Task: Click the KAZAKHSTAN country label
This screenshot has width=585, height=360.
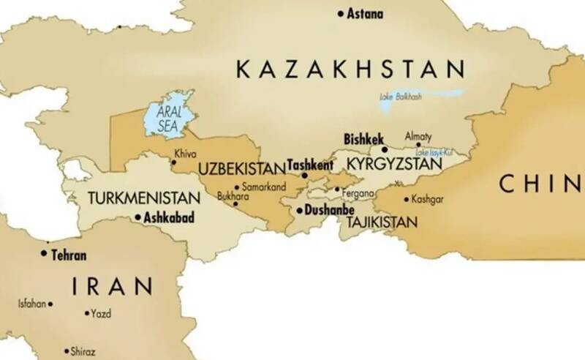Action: tap(350, 70)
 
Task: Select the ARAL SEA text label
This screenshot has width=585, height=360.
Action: tap(169, 118)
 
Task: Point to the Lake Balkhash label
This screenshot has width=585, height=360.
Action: tap(401, 97)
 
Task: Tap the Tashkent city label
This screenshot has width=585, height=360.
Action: tap(310, 165)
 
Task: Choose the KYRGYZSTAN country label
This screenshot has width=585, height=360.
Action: tap(394, 165)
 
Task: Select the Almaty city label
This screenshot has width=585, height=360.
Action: tap(418, 136)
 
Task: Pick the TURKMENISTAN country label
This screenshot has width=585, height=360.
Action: tap(144, 198)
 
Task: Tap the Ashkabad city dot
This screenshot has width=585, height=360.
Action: tap(138, 217)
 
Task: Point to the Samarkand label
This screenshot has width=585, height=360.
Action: tap(262, 187)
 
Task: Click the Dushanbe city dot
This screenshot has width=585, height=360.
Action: tap(299, 211)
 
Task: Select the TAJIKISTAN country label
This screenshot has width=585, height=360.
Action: tap(382, 221)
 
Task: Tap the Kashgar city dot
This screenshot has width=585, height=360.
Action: tap(406, 199)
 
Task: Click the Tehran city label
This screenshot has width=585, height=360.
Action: tap(69, 255)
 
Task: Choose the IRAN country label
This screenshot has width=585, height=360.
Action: tap(112, 285)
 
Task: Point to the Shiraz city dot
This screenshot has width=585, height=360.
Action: tap(66, 351)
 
